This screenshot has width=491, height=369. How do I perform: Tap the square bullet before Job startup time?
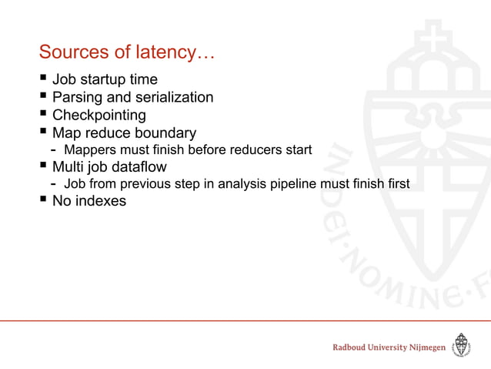click(43, 80)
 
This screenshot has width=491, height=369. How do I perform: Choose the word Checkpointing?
click(99, 116)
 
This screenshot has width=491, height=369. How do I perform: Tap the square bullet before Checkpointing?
click(43, 115)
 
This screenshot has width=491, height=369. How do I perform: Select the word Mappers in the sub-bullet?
click(89, 149)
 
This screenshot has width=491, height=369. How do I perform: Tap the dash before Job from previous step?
click(52, 183)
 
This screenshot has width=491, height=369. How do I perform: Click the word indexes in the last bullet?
click(100, 201)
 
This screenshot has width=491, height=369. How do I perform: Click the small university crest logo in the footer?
click(461, 346)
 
